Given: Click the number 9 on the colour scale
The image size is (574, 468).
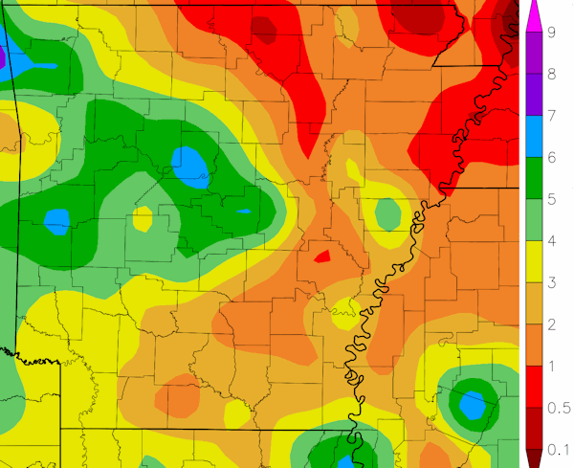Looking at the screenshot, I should click(552, 33).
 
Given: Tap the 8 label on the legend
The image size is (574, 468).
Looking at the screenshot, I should click(552, 74).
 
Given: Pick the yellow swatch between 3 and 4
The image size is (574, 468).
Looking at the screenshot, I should click(534, 261).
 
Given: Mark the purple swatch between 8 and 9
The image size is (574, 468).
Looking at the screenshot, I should click(534, 54).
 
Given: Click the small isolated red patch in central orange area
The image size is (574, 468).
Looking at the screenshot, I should click(322, 256).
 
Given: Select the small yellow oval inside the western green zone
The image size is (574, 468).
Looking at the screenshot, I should click(143, 219).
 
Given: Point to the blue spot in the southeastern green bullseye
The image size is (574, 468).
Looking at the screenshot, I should click(471, 405).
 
